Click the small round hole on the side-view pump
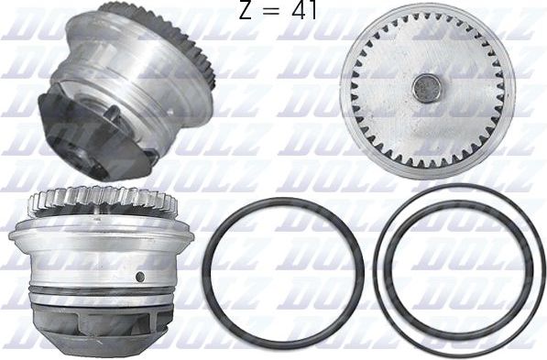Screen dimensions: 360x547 coord(139,276)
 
